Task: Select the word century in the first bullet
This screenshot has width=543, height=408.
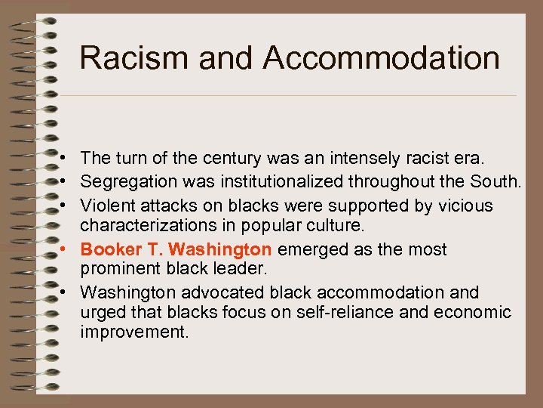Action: coord(206,159)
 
